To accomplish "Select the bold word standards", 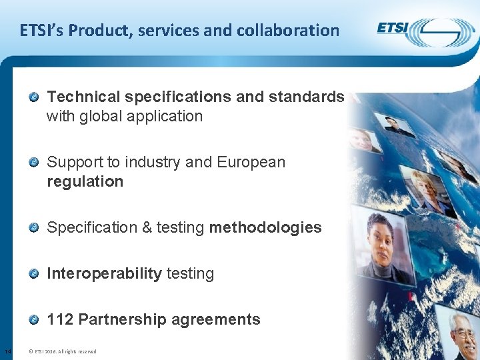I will (306, 97).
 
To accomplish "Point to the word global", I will (99, 117).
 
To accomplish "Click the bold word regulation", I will (85, 182).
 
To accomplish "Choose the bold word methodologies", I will (265, 228).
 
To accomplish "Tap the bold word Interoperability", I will (105, 273).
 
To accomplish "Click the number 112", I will (60, 319).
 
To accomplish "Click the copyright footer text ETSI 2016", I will (63, 351).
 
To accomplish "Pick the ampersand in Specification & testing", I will (147, 228).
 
